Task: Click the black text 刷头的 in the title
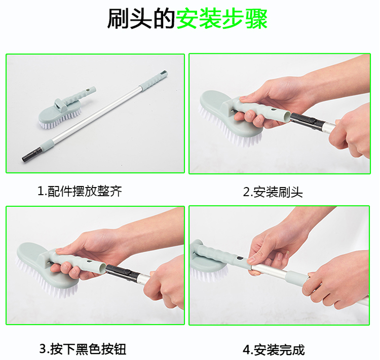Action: coord(141,19)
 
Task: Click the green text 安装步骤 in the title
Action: coord(221,19)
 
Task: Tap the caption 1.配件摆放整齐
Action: coord(80,191)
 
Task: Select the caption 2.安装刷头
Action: coord(273,192)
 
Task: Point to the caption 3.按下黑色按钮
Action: coord(83,349)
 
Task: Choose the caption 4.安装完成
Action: coord(274,350)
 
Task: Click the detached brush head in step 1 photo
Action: coord(67,108)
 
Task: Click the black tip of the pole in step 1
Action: coord(31,154)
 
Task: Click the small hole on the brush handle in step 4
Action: coord(240,259)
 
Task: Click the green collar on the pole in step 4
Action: coord(296,277)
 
